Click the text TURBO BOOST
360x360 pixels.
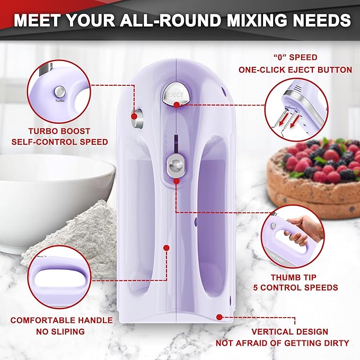(x=59, y=131)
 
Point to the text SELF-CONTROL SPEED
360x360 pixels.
(x=59, y=142)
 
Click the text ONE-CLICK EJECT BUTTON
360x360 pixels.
(x=295, y=69)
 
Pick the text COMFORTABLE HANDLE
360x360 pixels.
(x=62, y=320)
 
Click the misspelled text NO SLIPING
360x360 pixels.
(x=62, y=331)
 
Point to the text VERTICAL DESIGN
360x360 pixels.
(x=283, y=332)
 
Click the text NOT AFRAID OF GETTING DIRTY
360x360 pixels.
(x=283, y=343)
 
